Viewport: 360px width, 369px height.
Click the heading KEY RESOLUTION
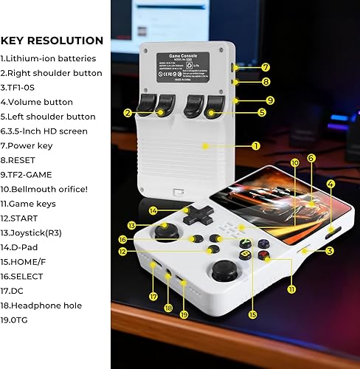[x=52, y=41]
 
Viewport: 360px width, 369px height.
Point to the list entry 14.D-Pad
[x=29, y=246]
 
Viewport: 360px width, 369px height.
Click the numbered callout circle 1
[x=255, y=146]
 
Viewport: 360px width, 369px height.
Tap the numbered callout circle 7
[x=266, y=67]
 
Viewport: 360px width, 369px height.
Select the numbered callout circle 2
[x=128, y=112]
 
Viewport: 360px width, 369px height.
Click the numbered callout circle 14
[x=153, y=211]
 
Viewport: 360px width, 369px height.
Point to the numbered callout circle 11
[x=291, y=289]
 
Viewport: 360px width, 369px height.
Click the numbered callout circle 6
[x=311, y=158]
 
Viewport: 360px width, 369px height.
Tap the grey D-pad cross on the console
[x=198, y=215]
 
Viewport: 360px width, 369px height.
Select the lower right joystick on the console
[x=224, y=270]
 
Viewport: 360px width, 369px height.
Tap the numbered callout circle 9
[x=270, y=100]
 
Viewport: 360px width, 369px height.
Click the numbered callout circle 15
[x=253, y=314]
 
